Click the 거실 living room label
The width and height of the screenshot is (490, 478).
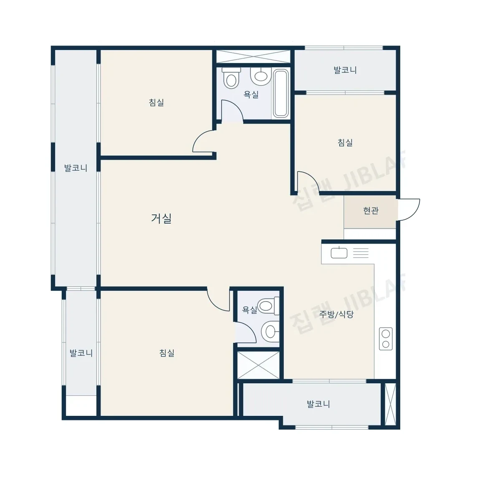pyautogui.click(x=161, y=218)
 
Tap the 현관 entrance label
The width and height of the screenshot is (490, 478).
pyautogui.click(x=371, y=211)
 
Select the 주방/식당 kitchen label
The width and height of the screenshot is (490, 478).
pyautogui.click(x=336, y=314)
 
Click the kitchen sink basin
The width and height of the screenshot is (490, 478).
pyautogui.click(x=339, y=252)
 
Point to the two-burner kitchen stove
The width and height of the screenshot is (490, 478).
pyautogui.click(x=386, y=339)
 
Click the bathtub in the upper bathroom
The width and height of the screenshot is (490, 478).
pyautogui.click(x=280, y=94)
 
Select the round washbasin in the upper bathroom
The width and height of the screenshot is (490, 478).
pyautogui.click(x=260, y=76)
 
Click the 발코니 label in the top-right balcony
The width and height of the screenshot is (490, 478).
pyautogui.click(x=345, y=70)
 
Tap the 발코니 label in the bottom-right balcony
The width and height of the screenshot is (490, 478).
pyautogui.click(x=318, y=404)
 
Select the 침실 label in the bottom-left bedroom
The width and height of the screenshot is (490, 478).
pyautogui.click(x=167, y=353)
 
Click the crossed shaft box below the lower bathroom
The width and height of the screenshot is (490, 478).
pyautogui.click(x=258, y=365)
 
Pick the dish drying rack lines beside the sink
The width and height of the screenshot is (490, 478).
pyautogui.click(x=361, y=253)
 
